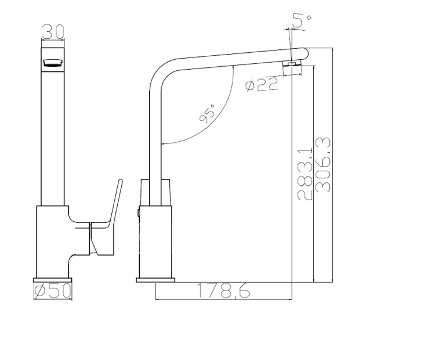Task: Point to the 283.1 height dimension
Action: [305, 174]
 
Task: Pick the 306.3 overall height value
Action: [323, 165]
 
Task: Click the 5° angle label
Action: [302, 22]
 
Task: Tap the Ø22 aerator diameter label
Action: [261, 85]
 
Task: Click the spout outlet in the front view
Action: [52, 63]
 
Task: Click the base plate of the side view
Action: [155, 280]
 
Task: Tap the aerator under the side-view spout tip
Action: [291, 63]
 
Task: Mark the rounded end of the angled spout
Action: [303, 53]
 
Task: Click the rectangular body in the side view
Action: [156, 241]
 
